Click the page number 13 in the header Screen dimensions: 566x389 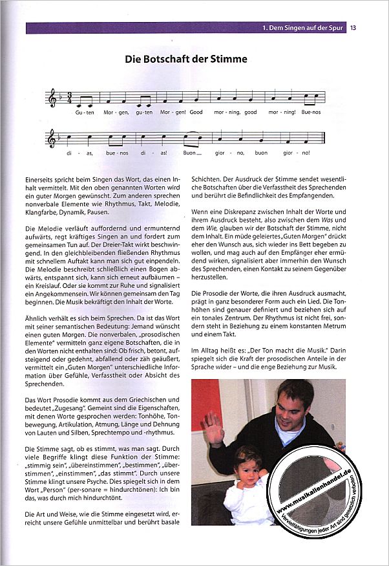click(x=353, y=28)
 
